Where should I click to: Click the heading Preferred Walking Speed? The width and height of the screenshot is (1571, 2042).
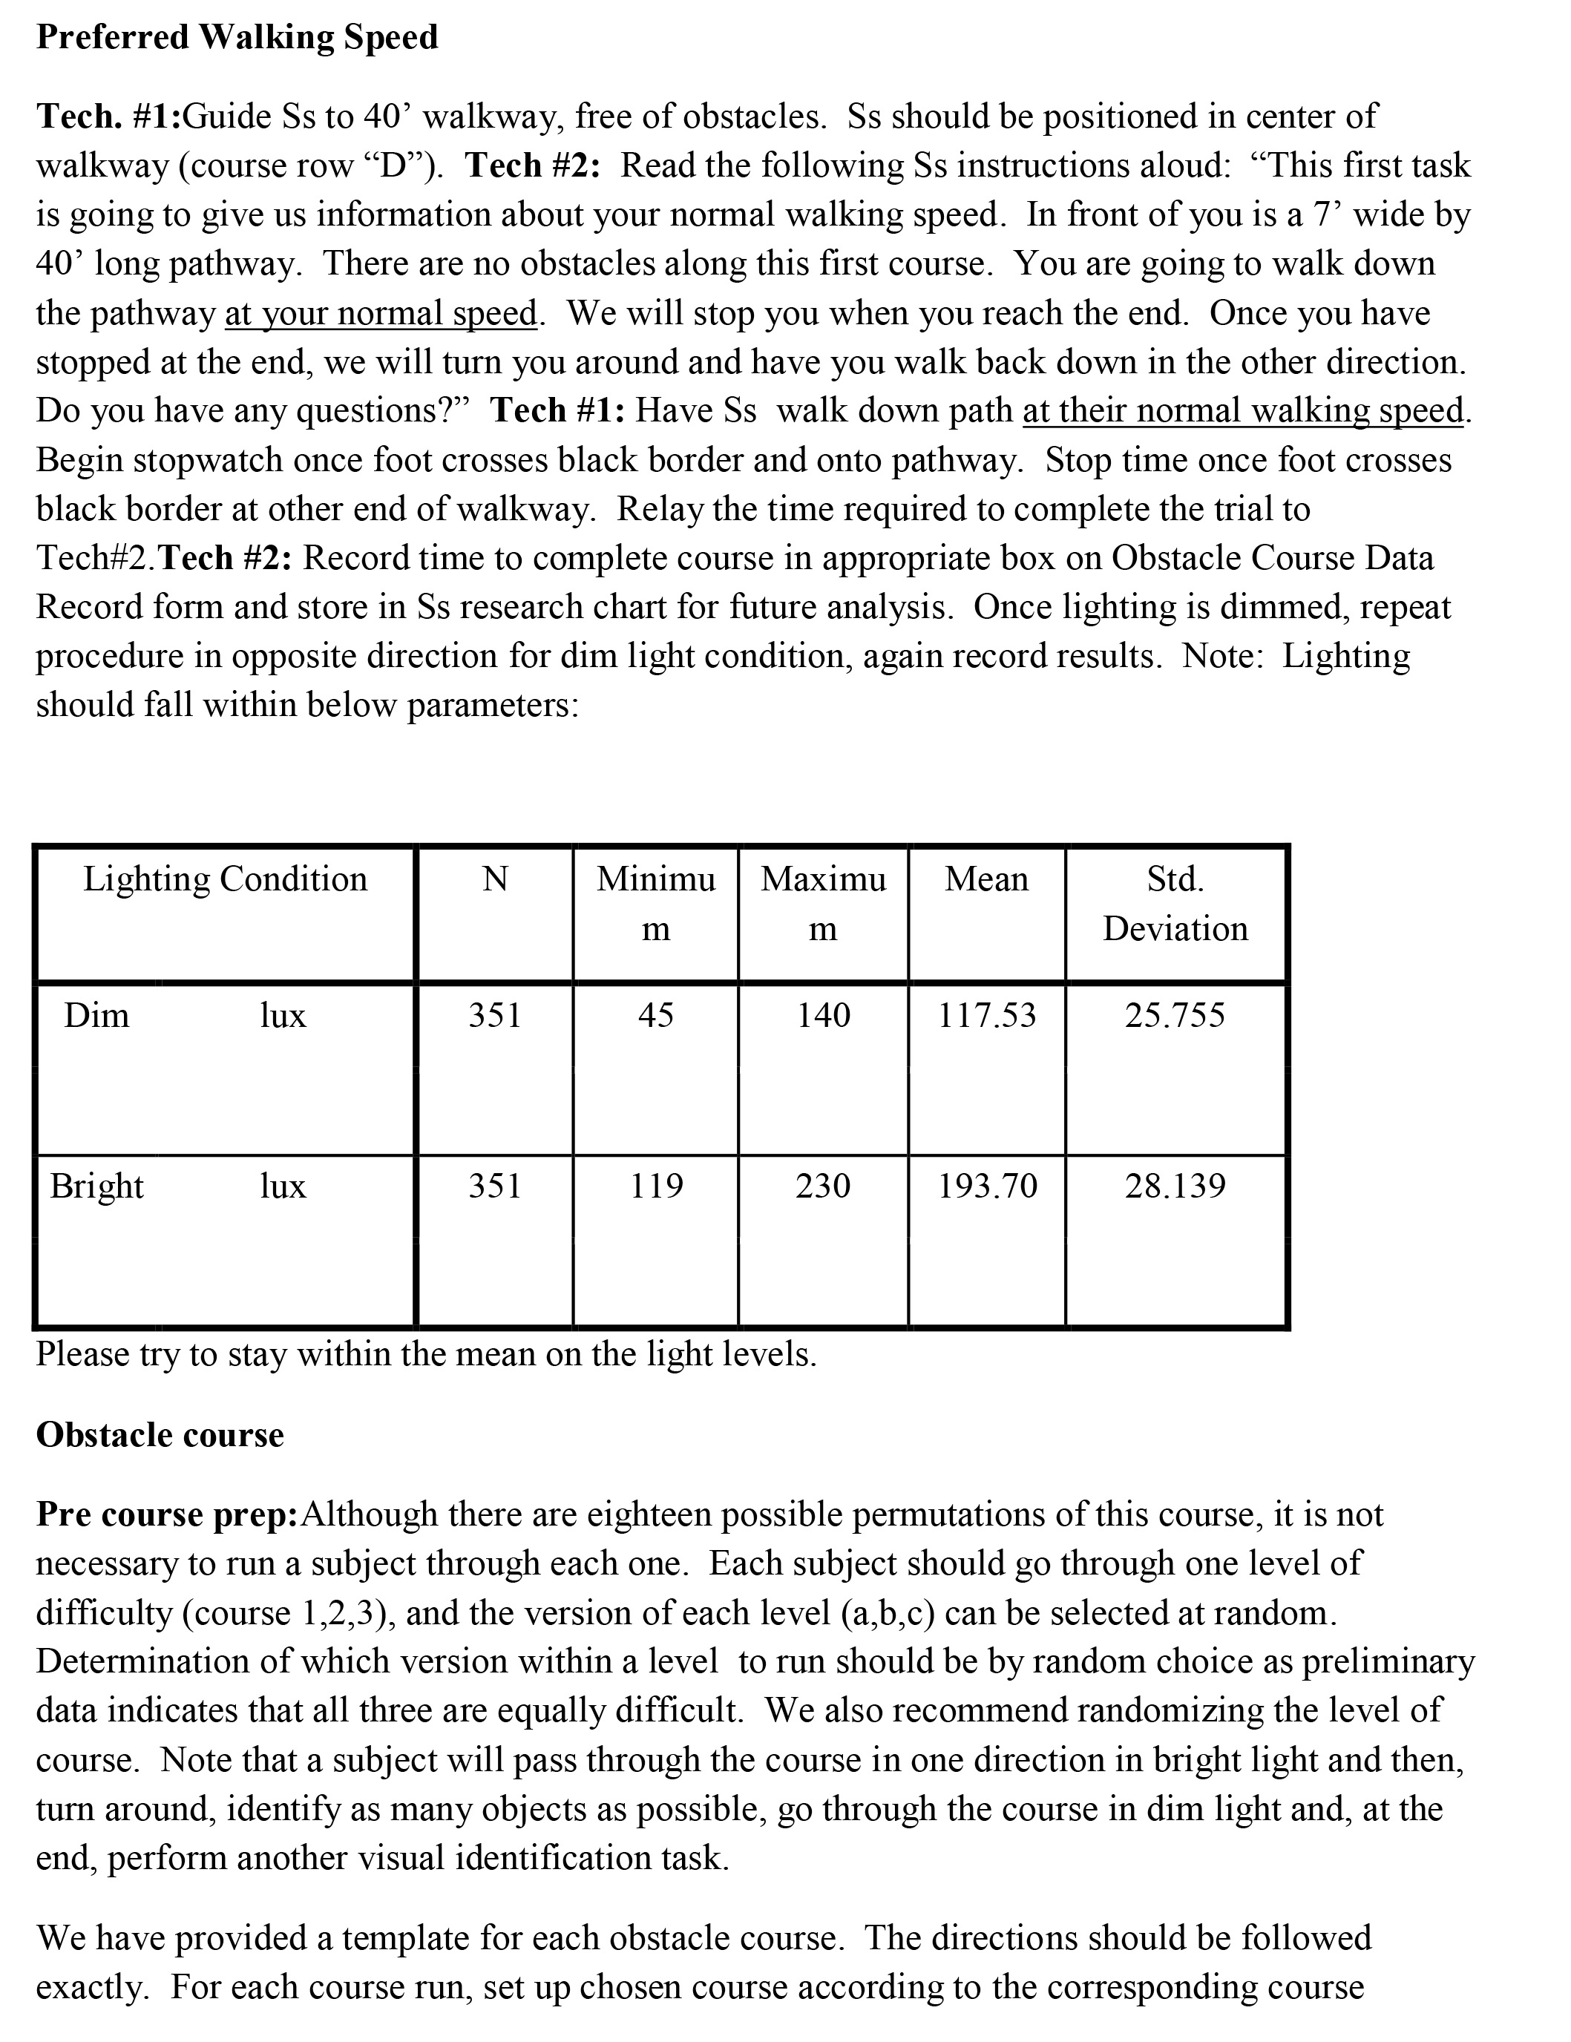coord(237,37)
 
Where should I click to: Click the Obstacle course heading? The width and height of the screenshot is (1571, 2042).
coord(160,1435)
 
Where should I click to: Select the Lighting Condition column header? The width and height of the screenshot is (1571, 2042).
coord(226,880)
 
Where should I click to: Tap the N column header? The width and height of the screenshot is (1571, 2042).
coord(495,880)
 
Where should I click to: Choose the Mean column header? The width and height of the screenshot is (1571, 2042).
coord(986,880)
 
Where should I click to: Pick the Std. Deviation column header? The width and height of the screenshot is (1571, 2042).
coord(1175,904)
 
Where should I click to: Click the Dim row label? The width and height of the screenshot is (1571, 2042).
coord(96,1015)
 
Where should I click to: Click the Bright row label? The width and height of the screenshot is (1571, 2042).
coord(96,1186)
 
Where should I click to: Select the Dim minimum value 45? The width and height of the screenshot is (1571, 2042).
coord(655,1015)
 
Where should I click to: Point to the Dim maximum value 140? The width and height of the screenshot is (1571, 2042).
coord(823,1015)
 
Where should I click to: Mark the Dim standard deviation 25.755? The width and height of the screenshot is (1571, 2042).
coord(1175,1015)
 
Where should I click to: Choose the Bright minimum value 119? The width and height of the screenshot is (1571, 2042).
coord(655,1186)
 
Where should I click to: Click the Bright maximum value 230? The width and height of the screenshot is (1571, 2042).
coord(823,1186)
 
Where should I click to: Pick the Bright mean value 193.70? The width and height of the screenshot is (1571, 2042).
coord(988,1186)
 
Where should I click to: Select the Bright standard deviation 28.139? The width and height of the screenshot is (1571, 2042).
coord(1175,1186)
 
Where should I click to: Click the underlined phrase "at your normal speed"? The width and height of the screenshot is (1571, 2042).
coord(381,313)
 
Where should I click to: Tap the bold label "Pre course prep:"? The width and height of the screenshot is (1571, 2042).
coord(166,1514)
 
